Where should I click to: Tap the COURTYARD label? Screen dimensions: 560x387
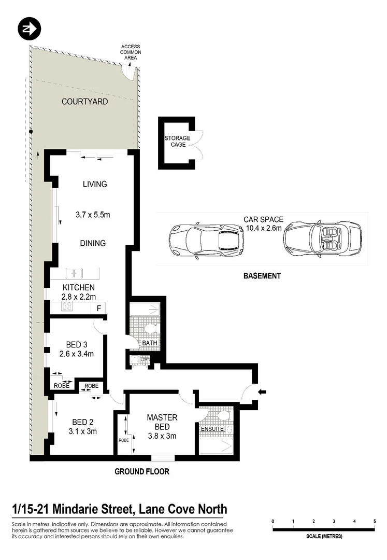[84, 102]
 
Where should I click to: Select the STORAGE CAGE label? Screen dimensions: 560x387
[177, 141]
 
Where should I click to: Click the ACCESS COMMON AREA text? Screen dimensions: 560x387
[131, 52]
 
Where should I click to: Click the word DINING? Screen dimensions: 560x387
[93, 243]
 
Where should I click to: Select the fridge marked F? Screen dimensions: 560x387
[98, 308]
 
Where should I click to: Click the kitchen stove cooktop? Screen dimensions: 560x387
[68, 307]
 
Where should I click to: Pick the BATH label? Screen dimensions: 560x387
[148, 343]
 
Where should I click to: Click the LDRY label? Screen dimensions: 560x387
[145, 359]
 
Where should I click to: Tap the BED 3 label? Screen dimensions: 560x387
[77, 345]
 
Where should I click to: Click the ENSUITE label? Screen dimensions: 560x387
[212, 429]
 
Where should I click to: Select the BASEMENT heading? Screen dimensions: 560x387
[262, 276]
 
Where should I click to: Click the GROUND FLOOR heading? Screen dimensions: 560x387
[141, 471]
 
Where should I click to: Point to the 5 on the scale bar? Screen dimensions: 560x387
[375, 521]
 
